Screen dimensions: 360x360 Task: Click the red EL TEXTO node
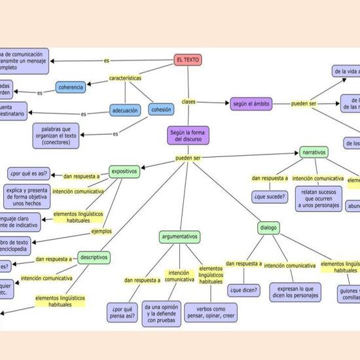187,60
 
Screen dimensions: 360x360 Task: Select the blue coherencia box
71,87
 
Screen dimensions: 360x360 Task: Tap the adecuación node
125,111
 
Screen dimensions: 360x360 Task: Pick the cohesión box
161,110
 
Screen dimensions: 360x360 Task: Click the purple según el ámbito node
252,103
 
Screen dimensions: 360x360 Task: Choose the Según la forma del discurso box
187,135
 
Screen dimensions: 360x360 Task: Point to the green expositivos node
124,171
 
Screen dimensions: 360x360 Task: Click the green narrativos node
314,152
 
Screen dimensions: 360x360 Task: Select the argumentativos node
179,236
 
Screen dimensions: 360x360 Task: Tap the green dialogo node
268,228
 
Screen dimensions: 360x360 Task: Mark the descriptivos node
94,257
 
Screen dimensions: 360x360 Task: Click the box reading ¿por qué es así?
28,174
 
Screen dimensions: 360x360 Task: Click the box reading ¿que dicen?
244,289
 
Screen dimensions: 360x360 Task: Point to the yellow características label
125,78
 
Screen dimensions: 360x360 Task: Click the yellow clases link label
189,101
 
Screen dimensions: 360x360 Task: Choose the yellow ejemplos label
101,231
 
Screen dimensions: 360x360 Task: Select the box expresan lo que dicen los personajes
295,292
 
